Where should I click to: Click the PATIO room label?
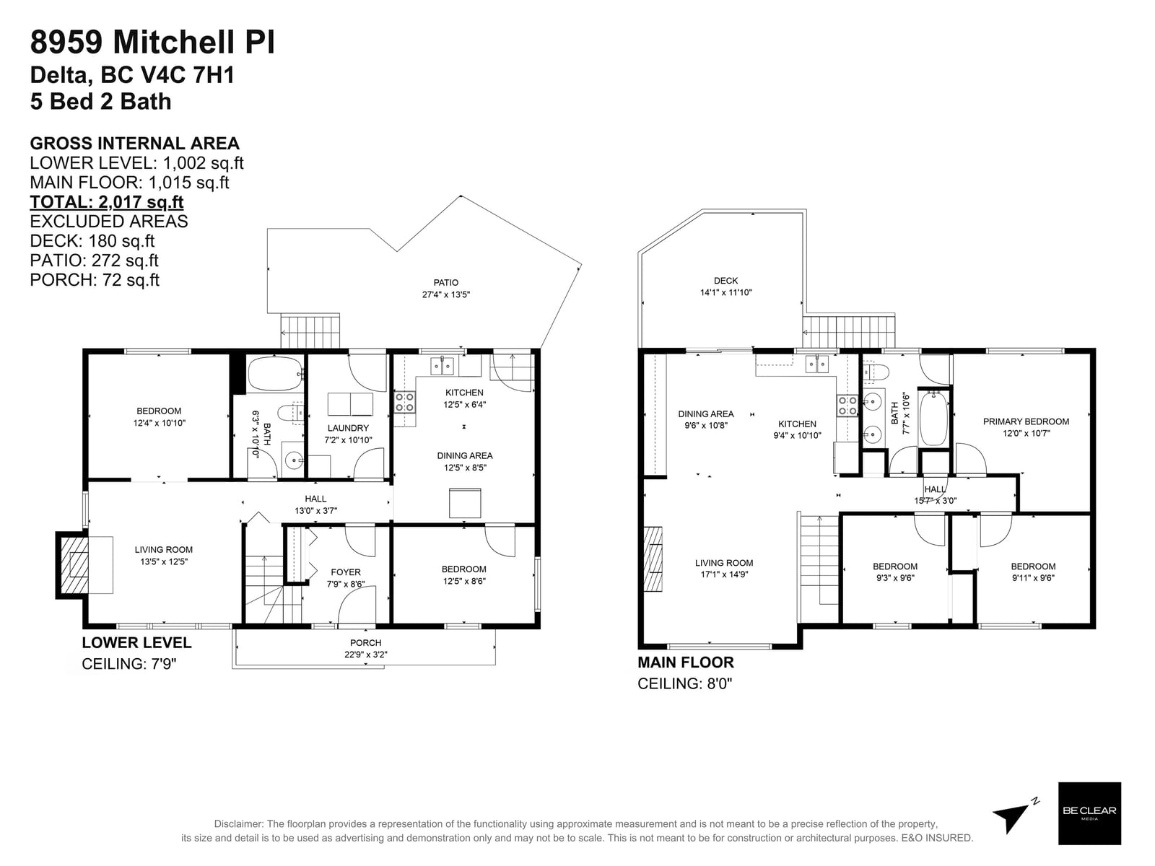445,282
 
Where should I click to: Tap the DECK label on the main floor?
725,281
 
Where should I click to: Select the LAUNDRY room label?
348,428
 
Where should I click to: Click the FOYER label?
345,572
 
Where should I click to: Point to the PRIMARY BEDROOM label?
1026,421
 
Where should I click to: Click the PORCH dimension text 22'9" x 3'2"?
365,655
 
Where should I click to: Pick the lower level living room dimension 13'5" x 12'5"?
164,561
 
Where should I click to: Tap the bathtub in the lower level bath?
275,374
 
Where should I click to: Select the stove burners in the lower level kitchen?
404,402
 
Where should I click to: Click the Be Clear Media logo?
1089,813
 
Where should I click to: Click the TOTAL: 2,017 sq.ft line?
106,202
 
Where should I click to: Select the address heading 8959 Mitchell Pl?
152,42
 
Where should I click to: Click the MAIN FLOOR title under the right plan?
685,662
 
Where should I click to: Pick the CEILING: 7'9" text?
129,664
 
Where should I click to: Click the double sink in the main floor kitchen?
817,364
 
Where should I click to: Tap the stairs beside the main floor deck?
849,332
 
